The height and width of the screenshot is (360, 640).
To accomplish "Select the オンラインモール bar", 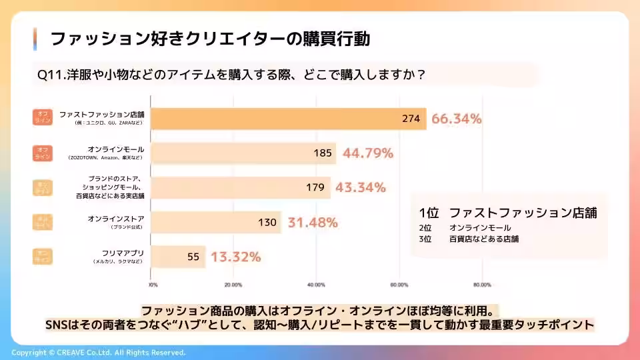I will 243,153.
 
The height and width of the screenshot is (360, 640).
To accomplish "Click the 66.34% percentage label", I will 457,119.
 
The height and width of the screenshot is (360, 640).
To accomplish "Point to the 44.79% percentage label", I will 367,153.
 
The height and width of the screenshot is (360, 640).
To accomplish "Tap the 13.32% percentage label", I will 235,257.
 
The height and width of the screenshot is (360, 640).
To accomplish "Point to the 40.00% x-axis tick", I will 316,285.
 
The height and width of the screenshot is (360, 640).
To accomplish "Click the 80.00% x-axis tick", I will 481,285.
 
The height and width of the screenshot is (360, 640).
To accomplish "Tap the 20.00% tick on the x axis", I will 233,285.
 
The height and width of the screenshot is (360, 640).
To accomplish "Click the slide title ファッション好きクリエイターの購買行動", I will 210,39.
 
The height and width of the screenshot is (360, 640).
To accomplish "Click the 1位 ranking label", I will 429,213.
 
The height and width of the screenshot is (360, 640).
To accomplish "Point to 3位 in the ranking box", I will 425,238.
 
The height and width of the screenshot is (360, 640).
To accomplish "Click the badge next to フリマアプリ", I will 42,257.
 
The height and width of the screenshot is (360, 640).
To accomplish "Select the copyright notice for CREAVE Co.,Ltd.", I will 99,352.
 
